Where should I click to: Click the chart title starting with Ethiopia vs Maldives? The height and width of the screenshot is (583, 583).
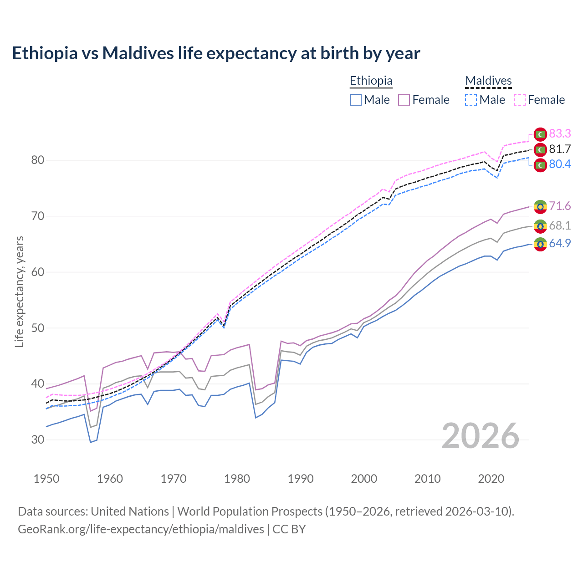tap(216, 53)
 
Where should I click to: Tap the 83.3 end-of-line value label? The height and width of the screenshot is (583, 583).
tap(560, 133)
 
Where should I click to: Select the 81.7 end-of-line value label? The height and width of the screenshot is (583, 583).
tap(560, 149)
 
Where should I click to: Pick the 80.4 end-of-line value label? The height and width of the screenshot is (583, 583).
tap(560, 164)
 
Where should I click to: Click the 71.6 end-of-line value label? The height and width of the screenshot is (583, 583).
tap(560, 206)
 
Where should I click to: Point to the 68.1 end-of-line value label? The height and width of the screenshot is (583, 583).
tap(560, 226)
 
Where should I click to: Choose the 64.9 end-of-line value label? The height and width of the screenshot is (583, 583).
tap(560, 244)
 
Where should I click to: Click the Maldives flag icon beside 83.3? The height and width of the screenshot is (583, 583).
tap(540, 134)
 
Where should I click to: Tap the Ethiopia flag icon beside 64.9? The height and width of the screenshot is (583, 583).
tap(540, 245)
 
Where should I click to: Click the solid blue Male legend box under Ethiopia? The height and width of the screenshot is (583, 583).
tap(356, 100)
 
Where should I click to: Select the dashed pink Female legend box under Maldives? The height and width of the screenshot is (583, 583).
tap(520, 100)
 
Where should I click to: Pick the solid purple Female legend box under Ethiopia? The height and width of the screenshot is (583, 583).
tap(404, 100)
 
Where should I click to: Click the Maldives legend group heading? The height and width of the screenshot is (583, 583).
tap(488, 81)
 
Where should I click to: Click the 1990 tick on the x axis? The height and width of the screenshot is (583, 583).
tap(301, 479)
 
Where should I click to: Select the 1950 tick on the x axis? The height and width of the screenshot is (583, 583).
tap(46, 479)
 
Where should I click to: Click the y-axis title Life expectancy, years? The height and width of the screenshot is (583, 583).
tap(19, 291)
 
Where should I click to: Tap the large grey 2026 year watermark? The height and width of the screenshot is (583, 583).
tap(481, 436)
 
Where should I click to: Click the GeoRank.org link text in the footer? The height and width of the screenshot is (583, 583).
tap(141, 529)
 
